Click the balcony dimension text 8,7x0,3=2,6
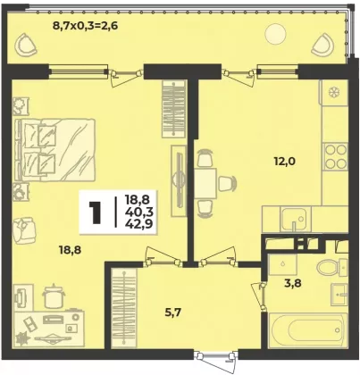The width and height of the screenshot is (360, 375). click(85, 26)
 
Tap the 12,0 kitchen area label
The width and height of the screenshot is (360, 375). click(284, 162)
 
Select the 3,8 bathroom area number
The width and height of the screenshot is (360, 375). click(292, 283)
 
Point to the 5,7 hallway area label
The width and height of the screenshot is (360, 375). click(173, 312)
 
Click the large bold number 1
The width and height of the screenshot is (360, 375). click(96, 212)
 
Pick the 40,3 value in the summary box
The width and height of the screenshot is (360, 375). click(139, 212)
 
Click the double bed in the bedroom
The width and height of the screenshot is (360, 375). click(55, 150)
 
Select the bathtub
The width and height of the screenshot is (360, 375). click(307, 329)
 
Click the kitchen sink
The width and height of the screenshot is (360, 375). click(295, 219)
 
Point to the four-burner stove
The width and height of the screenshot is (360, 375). click(335, 157)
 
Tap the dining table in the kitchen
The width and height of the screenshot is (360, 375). click(205, 183)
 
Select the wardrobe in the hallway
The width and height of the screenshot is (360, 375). click(124, 309)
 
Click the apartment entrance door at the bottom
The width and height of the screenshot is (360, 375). click(215, 358)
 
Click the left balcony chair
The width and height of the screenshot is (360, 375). click(26, 45)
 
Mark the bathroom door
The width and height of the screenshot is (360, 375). click(258, 296)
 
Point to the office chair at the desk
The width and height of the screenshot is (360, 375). click(53, 296)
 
